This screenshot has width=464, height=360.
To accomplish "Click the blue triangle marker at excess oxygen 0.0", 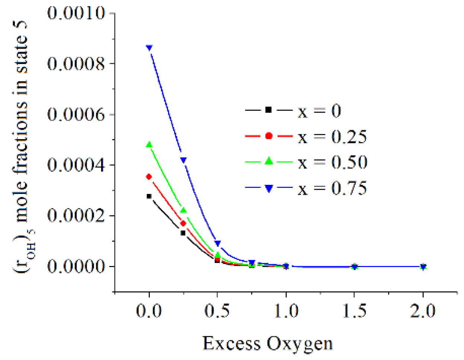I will [149, 48].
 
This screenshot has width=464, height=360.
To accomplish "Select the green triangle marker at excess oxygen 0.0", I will [149, 145].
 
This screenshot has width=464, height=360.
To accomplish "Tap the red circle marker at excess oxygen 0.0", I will [149, 177].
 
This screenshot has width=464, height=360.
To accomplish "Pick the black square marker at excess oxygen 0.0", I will [149, 196].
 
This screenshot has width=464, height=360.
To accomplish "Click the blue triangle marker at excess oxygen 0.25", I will [183, 160].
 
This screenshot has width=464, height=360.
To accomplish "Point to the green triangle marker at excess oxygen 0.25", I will [183, 210].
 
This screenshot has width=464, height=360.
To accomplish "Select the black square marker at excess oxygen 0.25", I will [183, 233].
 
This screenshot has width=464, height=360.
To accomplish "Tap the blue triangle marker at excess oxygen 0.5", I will [217, 244].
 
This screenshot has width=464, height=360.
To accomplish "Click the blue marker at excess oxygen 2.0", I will [423, 267].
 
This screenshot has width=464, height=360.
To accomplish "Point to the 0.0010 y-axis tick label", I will [76, 13].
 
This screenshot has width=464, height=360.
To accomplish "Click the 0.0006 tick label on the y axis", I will [76, 114].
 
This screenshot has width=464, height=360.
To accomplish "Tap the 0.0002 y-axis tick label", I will [76, 216].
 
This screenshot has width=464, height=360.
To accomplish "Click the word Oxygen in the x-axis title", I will [300, 343].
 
